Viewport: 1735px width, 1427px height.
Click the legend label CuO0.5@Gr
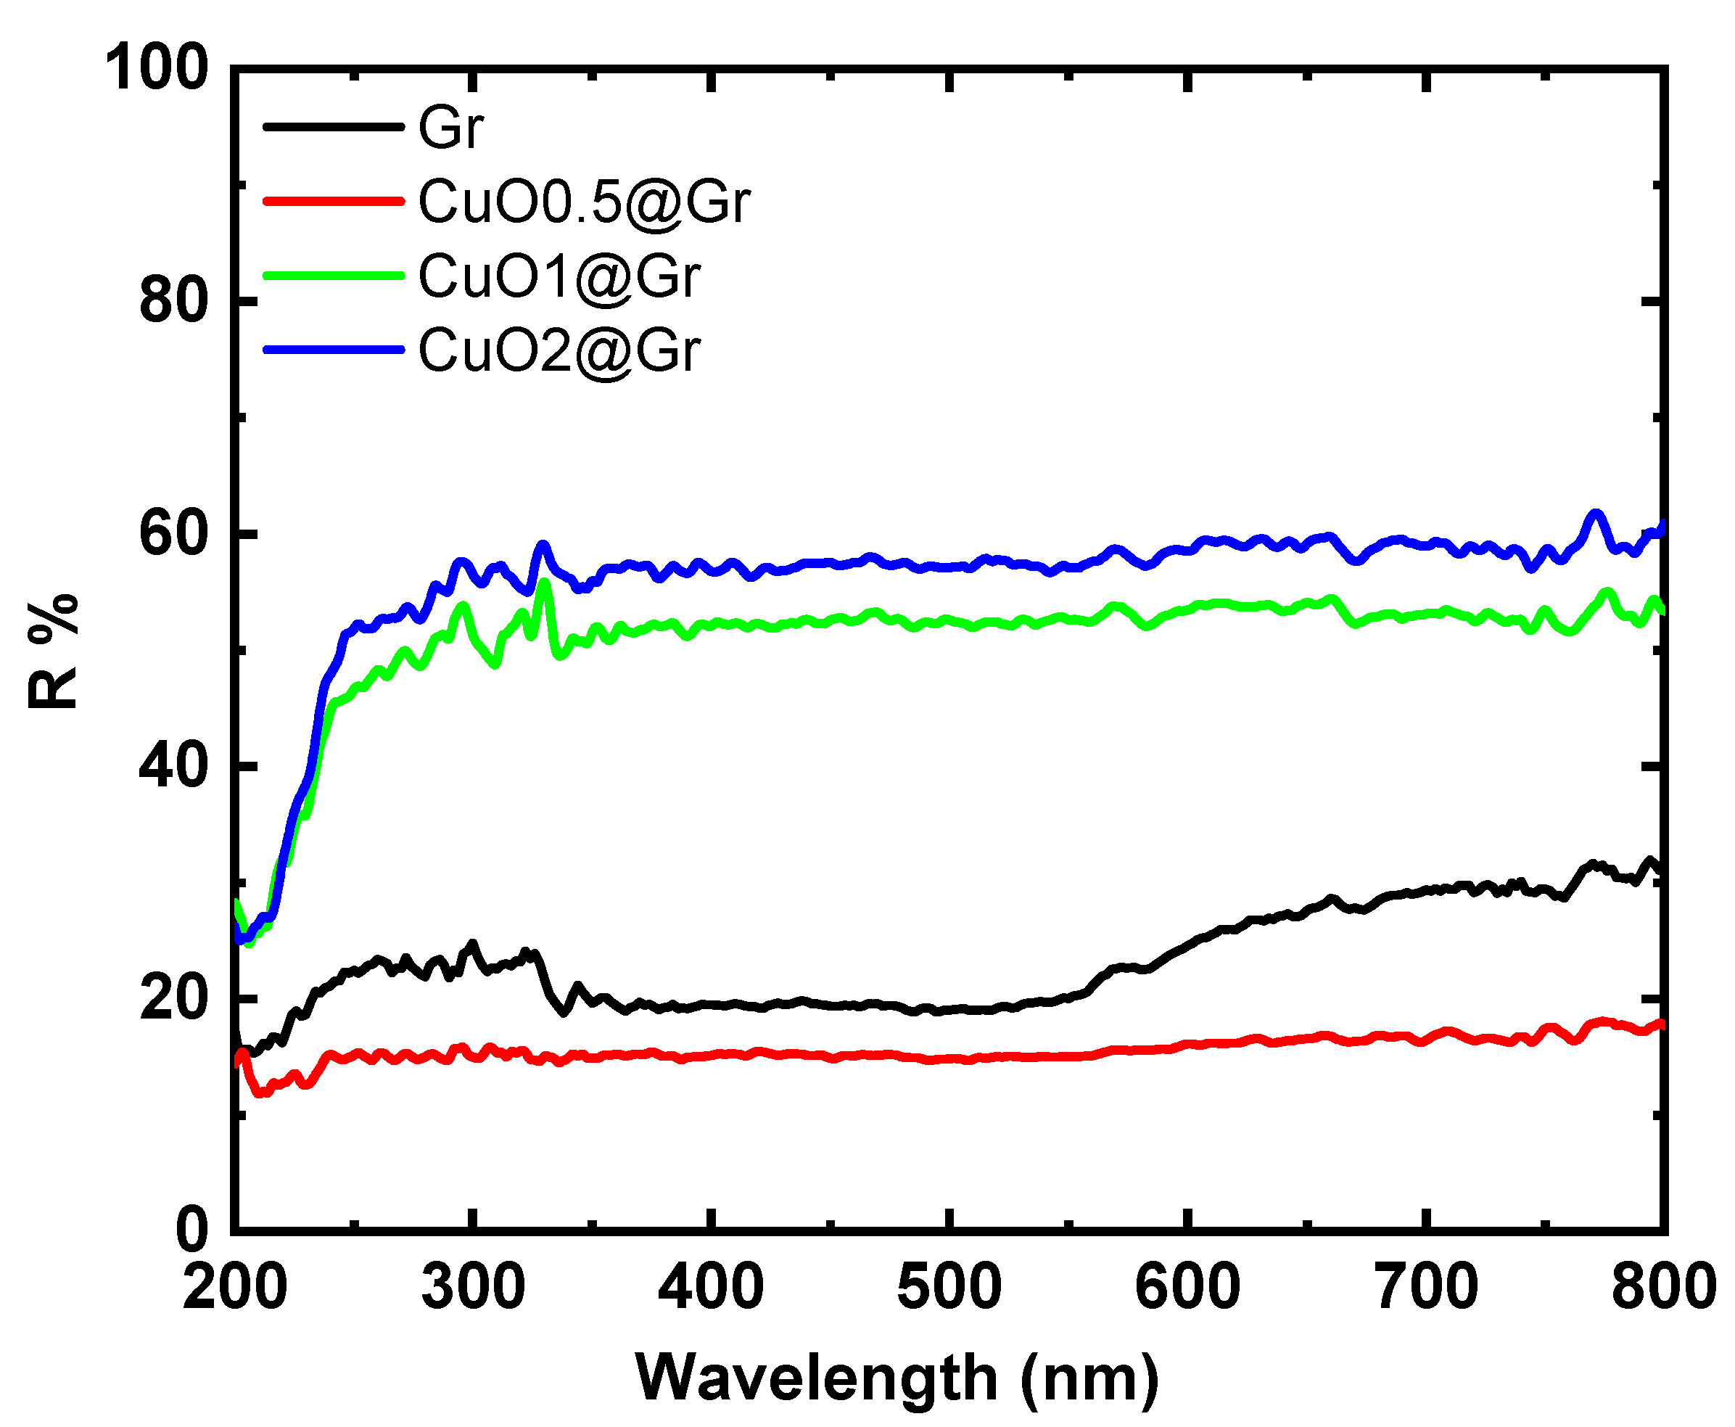click(584, 202)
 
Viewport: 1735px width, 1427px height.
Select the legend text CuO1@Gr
click(559, 276)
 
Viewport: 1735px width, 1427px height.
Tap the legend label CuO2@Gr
click(559, 351)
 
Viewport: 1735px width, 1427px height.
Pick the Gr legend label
click(450, 128)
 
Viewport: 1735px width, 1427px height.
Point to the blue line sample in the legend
click(333, 350)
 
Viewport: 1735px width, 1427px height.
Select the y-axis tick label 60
click(173, 533)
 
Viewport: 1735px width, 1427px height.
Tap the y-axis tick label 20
click(173, 999)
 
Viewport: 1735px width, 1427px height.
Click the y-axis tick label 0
click(191, 1230)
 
